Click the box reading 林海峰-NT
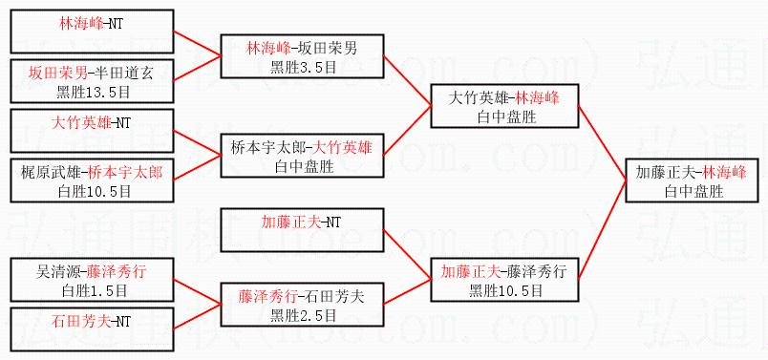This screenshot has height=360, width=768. tap(92, 32)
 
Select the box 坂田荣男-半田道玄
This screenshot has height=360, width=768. tap(92, 82)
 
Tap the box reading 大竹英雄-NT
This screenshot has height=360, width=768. tap(92, 131)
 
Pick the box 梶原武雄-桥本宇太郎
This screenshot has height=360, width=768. tap(92, 180)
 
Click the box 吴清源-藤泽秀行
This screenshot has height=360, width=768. tap(92, 280)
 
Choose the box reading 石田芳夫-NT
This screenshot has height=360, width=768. tap(92, 329)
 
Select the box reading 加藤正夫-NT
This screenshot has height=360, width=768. tap(302, 230)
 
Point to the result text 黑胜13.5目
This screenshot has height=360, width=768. tap(92, 92)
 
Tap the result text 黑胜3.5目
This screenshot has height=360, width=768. tap(303, 67)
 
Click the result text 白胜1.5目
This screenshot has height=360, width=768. tap(94, 290)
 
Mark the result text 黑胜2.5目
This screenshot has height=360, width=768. tap(303, 315)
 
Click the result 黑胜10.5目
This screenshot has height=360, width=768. tap(505, 290)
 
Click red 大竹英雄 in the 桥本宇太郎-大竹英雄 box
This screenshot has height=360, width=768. tap(343, 148)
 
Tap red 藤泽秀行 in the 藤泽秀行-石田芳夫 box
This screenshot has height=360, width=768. tap(267, 297)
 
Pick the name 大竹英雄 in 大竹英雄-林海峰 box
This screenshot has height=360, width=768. tap(478, 98)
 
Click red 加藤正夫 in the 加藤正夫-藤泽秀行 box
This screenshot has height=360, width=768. tap(470, 272)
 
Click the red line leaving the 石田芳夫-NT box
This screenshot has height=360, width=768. tap(198, 316)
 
